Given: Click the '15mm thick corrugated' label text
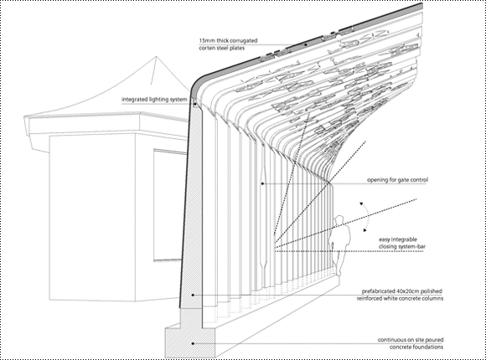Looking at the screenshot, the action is pyautogui.click(x=228, y=40).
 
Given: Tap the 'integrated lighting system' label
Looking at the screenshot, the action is pyautogui.click(x=154, y=100).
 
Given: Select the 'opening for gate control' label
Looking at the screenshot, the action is pyautogui.click(x=397, y=180).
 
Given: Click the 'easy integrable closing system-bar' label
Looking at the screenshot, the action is pyautogui.click(x=401, y=243).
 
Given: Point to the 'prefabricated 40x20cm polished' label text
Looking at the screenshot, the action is pyautogui.click(x=402, y=291).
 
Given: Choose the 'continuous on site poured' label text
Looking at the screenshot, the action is pyautogui.click(x=411, y=340).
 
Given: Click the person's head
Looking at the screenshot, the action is pyautogui.click(x=339, y=220).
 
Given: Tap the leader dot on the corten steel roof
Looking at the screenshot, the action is pyautogui.click(x=305, y=44).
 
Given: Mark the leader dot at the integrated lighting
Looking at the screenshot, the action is pyautogui.click(x=194, y=104).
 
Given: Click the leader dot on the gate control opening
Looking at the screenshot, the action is pyautogui.click(x=262, y=183).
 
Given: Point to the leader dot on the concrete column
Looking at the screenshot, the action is pyautogui.click(x=193, y=295).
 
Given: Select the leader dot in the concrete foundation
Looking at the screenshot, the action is pyautogui.click(x=193, y=343).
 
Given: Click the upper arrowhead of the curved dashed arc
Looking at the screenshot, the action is pyautogui.click(x=361, y=203).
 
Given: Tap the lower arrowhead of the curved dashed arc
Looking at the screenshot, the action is pyautogui.click(x=365, y=230).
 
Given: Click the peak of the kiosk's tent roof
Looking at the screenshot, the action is pyautogui.click(x=157, y=56).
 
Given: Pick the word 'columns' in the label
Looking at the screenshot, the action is pyautogui.click(x=432, y=298).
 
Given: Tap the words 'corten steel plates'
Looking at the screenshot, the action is pyautogui.click(x=221, y=48).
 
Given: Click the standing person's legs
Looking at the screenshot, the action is pyautogui.click(x=338, y=260).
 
